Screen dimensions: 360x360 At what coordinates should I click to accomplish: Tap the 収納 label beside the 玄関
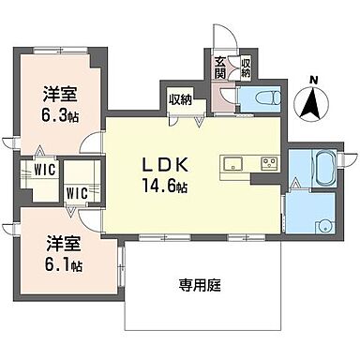click(245, 67)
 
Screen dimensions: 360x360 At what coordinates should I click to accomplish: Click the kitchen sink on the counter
click(235, 164)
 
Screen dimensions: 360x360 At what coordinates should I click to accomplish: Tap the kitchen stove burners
click(268, 164)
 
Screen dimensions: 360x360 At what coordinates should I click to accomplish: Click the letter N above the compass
click(315, 79)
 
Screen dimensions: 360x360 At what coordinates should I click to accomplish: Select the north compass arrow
click(315, 102)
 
